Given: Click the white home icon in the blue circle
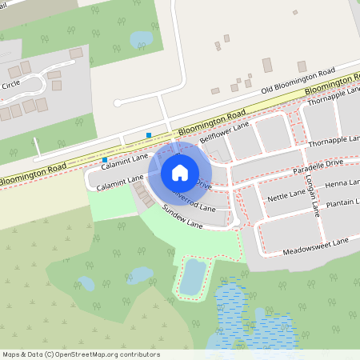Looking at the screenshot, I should tap(179, 173).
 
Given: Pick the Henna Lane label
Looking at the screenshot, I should tap(342, 184).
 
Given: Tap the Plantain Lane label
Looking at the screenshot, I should tap(342, 205).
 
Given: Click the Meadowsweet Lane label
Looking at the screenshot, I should tap(316, 246).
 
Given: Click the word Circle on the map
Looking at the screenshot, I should tap(10, 84).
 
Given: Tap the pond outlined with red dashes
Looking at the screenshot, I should tap(193, 276).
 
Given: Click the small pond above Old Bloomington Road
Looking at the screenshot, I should tap(142, 38).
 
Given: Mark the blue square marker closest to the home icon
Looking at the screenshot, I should tap(149, 134).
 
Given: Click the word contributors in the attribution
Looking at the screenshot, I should tap(139, 354).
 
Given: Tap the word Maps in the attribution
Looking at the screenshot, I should tap(11, 354).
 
